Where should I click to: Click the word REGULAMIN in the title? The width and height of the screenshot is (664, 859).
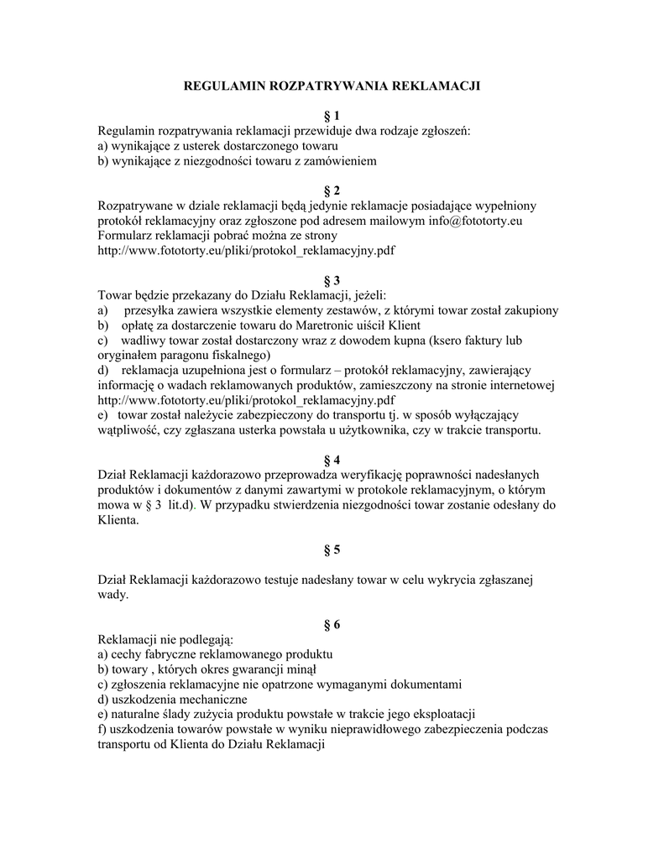[222, 86]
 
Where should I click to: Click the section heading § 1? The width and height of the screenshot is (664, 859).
[332, 116]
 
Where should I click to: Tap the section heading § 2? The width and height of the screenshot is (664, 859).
[332, 191]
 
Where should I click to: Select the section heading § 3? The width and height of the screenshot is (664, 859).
[332, 280]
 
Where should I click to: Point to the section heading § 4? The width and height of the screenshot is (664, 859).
[332, 460]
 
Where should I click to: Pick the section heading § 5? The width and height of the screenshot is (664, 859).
[332, 550]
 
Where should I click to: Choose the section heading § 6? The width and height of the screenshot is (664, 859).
[332, 624]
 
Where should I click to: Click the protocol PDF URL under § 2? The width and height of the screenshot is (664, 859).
[247, 250]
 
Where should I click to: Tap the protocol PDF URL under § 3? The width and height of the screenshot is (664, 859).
[247, 400]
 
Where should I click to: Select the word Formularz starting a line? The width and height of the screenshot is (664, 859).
[128, 236]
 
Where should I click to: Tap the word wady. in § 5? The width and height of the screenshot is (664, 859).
[113, 595]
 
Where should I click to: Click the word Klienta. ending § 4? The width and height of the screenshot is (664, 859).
[118, 519]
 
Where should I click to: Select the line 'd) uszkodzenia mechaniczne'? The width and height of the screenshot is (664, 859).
[172, 699]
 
